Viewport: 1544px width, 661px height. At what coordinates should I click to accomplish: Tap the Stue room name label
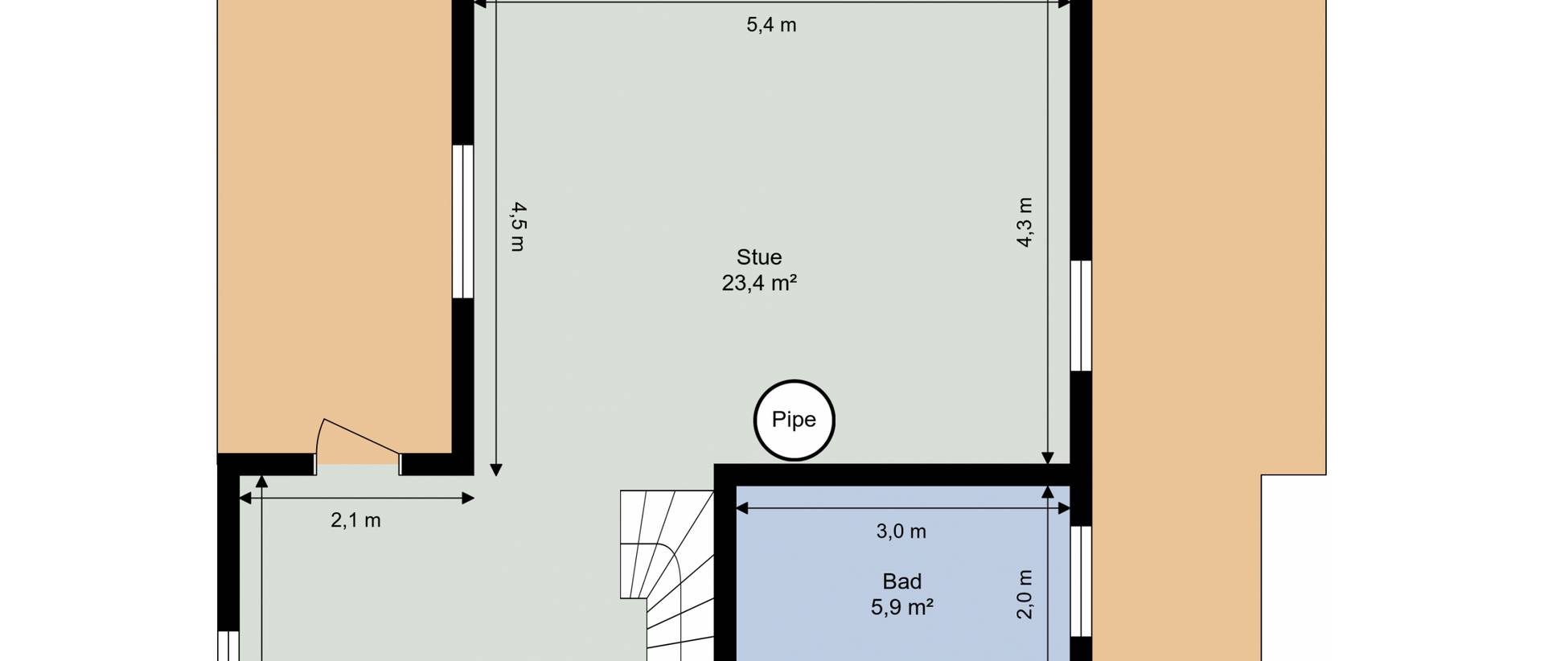[x=759, y=257]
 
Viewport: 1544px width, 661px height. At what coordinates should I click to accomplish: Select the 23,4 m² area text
[x=759, y=283]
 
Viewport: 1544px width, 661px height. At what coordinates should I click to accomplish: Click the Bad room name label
[x=902, y=581]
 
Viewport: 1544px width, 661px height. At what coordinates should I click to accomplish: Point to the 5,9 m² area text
[x=902, y=607]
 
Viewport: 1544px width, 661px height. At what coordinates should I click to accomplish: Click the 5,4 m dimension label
[x=771, y=25]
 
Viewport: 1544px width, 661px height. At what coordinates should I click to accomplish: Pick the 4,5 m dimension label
[x=519, y=227]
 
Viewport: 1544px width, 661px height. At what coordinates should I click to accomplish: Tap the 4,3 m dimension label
[x=1024, y=222]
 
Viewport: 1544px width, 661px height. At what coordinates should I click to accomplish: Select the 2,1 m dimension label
[x=355, y=520]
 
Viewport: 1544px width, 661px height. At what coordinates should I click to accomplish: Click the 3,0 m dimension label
[x=901, y=532]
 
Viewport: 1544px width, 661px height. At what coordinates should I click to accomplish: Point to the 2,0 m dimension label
[x=1024, y=594]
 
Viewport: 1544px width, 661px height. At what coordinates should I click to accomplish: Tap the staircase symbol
[x=667, y=576]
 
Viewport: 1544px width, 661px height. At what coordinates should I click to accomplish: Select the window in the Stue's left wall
[x=462, y=221]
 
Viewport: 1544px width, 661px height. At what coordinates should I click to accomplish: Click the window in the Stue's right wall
[x=1081, y=315]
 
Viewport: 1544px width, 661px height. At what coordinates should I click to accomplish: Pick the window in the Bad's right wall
[x=1081, y=581]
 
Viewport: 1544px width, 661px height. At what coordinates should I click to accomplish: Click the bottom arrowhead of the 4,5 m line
[x=496, y=470]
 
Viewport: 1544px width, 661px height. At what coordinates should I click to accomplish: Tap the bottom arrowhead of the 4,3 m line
[x=1047, y=458]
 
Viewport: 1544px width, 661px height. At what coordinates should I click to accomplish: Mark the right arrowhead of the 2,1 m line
[x=468, y=499]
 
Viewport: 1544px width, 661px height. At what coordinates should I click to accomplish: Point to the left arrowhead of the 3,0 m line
[x=742, y=508]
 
